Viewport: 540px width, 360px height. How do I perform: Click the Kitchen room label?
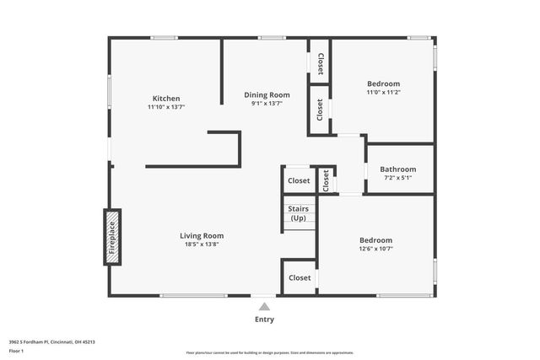click(x=165, y=98)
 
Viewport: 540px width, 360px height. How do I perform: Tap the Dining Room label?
click(x=267, y=94)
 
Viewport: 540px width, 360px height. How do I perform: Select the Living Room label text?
click(x=202, y=235)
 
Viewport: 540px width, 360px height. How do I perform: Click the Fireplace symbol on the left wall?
click(x=111, y=237)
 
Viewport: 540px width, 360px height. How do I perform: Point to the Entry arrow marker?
click(x=264, y=307)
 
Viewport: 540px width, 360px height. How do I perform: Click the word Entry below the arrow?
click(x=264, y=320)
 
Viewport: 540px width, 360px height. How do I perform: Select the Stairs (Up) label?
click(x=298, y=213)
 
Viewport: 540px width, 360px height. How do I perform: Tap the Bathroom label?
click(x=397, y=169)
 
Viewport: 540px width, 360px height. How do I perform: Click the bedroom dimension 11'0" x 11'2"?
click(x=383, y=93)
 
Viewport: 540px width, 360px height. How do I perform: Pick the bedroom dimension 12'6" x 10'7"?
click(x=375, y=250)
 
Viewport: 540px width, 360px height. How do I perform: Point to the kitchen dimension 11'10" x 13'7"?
click(x=165, y=107)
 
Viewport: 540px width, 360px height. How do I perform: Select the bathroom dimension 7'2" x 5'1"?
click(x=397, y=178)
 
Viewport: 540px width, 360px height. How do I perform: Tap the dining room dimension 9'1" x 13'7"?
click(x=267, y=104)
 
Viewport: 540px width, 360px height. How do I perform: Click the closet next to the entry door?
click(x=300, y=277)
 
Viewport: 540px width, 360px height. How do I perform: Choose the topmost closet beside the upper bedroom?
click(x=320, y=62)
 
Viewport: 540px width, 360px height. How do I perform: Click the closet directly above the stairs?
click(x=299, y=180)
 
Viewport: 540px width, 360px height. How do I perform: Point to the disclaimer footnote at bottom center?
click(x=269, y=352)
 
